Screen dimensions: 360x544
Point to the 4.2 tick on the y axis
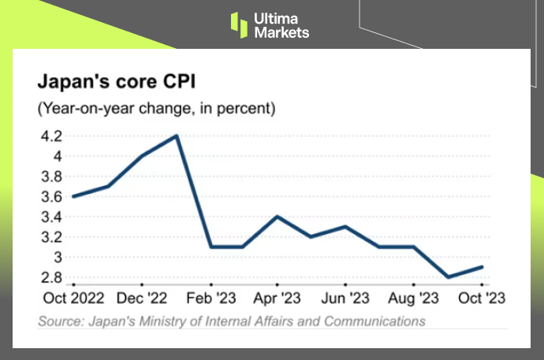point(51,135)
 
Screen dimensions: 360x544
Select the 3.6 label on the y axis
point(51,196)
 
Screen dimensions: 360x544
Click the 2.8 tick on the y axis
point(51,277)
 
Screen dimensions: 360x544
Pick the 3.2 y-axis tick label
point(51,237)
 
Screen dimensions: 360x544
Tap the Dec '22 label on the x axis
point(142,299)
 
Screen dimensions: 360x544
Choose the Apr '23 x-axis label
point(278,299)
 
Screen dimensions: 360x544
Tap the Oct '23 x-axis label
point(483,299)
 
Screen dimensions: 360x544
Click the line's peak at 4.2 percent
point(176,135)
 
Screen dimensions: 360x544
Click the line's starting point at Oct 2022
point(73,196)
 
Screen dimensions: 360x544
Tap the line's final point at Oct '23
point(483,267)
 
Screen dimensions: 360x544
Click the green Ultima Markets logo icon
point(239,24)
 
